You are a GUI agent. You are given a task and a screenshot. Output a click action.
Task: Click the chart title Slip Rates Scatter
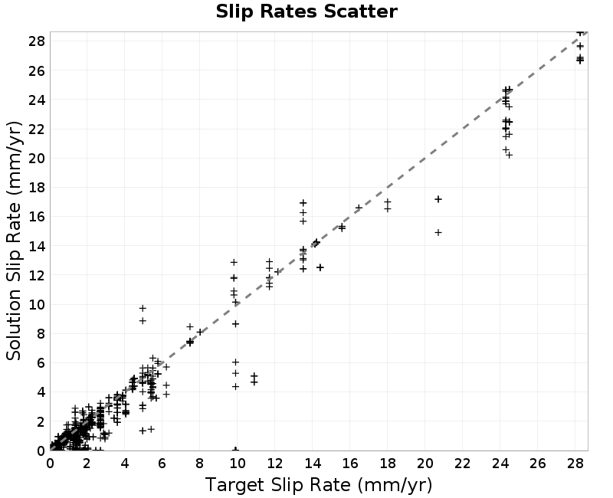pyautogui.click(x=306, y=11)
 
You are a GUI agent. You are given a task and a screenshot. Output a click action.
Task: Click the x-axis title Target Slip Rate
pyautogui.click(x=319, y=485)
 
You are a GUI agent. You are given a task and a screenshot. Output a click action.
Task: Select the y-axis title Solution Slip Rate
pyautogui.click(x=14, y=241)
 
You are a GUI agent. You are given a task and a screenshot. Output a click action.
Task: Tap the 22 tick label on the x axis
pyautogui.click(x=463, y=464)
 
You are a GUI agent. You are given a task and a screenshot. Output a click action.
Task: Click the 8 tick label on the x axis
pyautogui.click(x=200, y=464)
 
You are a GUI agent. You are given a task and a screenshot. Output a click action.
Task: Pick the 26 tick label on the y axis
pyautogui.click(x=37, y=70)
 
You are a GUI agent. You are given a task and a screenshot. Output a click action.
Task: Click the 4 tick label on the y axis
pyautogui.click(x=41, y=392)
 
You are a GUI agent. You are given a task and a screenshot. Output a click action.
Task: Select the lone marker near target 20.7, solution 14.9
pyautogui.click(x=438, y=233)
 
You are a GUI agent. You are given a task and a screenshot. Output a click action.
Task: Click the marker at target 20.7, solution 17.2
pyautogui.click(x=438, y=199)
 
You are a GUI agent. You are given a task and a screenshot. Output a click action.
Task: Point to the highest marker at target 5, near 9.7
pyautogui.click(x=143, y=309)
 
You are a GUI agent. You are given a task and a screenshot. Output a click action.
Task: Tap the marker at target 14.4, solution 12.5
pyautogui.click(x=320, y=267)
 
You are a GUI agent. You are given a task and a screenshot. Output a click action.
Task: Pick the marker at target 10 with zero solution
pyautogui.click(x=236, y=450)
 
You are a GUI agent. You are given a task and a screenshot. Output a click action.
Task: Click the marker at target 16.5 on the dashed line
pyautogui.click(x=359, y=208)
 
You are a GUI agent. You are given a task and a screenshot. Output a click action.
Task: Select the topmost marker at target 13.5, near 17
pyautogui.click(x=303, y=203)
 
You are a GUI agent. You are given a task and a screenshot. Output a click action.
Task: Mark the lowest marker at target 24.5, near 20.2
pyautogui.click(x=509, y=156)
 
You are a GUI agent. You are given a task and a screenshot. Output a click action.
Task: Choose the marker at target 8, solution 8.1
pyautogui.click(x=200, y=332)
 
